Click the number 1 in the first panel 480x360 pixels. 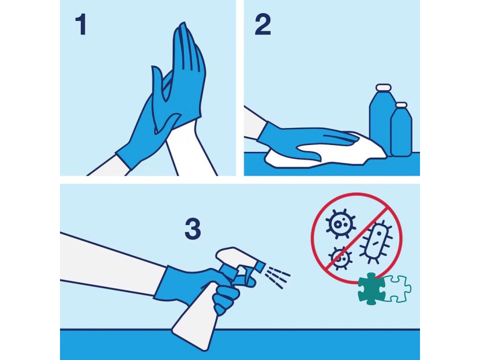pos(81,25)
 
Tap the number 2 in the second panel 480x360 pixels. pos(262,25)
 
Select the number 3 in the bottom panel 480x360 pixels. pos(193,229)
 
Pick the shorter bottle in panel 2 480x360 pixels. pos(401,130)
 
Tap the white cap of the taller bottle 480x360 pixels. pos(384,88)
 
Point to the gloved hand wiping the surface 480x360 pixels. pos(303,139)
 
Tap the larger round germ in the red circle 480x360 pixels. pos(340,224)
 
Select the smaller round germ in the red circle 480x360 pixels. pos(340,258)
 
